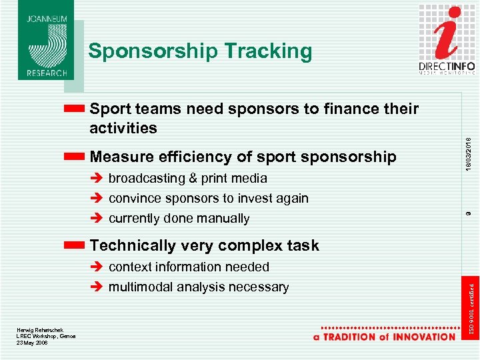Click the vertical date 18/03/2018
tap(469, 153)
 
